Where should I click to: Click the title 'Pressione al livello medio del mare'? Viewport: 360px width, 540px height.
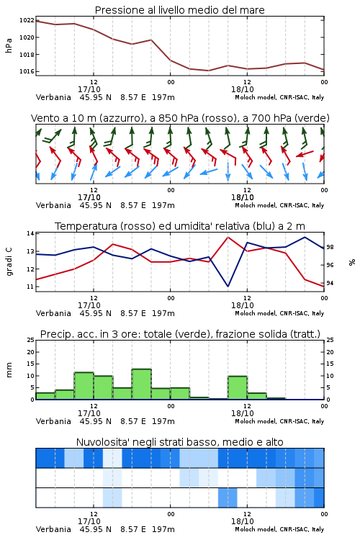pos(179,10)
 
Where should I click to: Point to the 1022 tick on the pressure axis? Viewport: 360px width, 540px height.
pos(27,20)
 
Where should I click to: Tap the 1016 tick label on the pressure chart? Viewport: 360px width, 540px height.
pos(27,71)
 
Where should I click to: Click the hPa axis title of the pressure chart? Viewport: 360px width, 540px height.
pos(9,45)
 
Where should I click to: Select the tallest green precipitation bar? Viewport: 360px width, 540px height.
pos(142,384)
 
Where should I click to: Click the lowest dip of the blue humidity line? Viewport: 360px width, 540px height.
pos(228,286)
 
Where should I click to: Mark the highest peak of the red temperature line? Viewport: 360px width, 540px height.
pos(228,238)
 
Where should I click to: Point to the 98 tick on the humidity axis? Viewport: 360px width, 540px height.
pos(330,247)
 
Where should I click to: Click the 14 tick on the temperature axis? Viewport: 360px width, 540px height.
pos(30,233)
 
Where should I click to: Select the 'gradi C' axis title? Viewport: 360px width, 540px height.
pos(9,261)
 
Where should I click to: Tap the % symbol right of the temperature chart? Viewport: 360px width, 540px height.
pos(352,262)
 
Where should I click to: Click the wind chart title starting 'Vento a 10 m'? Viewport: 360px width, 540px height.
pos(180,118)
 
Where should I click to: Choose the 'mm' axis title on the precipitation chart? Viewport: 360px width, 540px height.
pos(9,369)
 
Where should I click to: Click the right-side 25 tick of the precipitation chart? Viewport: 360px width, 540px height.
pos(330,340)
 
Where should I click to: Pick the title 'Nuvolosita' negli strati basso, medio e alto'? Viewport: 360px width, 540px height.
pos(179,442)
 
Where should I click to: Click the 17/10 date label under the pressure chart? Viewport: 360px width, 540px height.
pos(89,89)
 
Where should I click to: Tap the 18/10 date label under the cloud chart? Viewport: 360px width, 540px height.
pos(243,521)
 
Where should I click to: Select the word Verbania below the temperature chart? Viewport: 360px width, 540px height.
pos(53,313)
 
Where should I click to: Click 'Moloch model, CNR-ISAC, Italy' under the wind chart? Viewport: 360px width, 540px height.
pos(279,205)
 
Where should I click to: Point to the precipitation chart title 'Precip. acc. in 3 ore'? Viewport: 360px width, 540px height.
pos(180,334)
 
